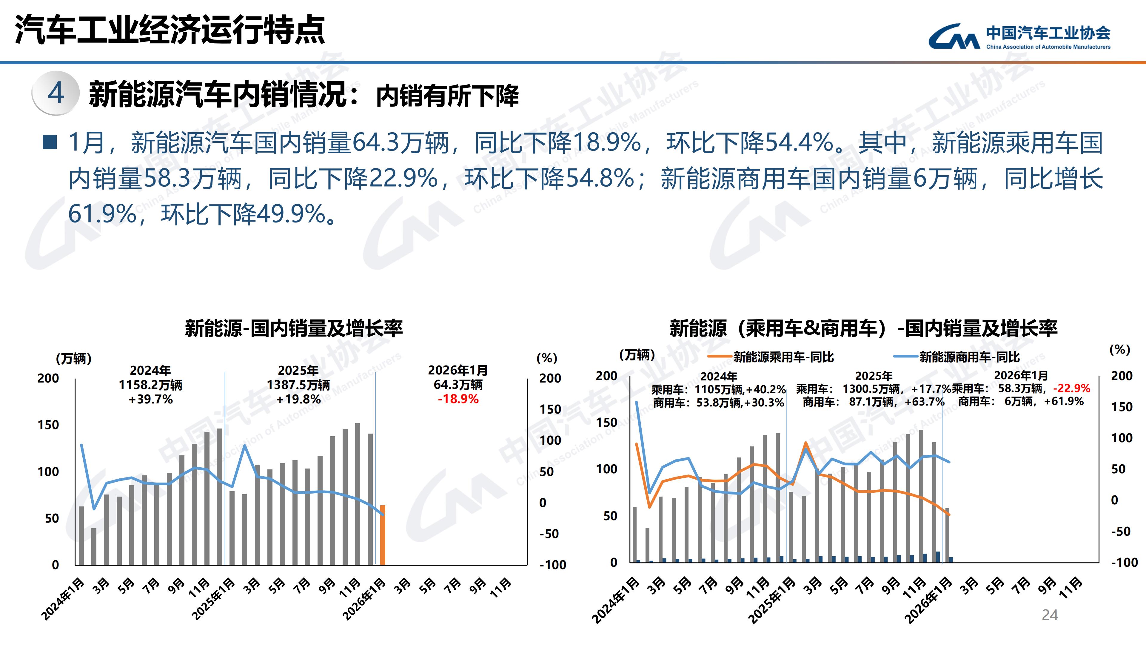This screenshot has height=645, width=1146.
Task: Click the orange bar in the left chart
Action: click(383, 535)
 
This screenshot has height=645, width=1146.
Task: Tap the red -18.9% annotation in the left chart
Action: click(458, 399)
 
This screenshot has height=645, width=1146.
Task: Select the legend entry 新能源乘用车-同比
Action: click(783, 357)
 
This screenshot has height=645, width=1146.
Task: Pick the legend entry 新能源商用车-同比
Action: click(969, 357)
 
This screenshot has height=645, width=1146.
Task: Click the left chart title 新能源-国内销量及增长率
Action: click(294, 328)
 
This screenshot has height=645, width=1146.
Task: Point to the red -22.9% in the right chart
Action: click(1072, 388)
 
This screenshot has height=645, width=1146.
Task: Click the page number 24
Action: click(1050, 615)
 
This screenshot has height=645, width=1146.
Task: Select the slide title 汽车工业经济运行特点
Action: click(170, 30)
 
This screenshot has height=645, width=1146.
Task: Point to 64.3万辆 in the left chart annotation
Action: click(458, 385)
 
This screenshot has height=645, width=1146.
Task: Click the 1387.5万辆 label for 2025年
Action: click(298, 385)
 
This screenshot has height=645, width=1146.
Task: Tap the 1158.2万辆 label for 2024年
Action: click(150, 385)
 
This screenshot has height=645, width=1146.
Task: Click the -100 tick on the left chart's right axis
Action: click(552, 565)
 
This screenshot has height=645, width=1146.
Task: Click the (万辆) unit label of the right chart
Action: click(637, 355)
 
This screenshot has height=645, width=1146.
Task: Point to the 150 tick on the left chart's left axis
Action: click(48, 425)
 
